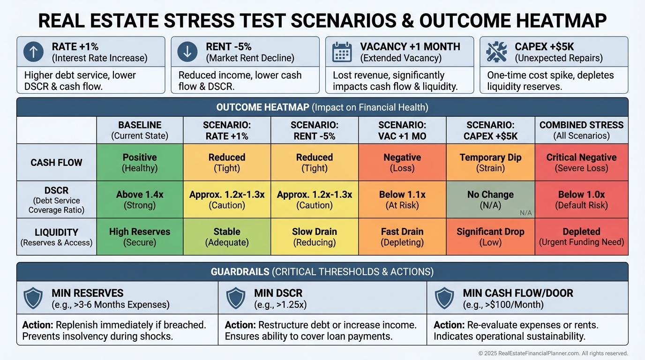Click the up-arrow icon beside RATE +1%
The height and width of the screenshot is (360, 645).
(33, 52)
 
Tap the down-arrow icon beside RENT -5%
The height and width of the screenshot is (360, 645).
(187, 52)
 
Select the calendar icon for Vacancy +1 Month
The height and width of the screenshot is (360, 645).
(342, 52)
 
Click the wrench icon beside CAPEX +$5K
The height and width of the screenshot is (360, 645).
(496, 52)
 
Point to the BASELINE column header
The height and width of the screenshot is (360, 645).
(140, 130)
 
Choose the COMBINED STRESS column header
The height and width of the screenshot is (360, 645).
(581, 130)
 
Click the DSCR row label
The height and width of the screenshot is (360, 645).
(56, 200)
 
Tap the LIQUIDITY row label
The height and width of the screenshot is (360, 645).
(56, 237)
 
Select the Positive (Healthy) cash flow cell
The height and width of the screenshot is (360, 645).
(140, 163)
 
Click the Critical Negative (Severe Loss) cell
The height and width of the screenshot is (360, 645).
(581, 163)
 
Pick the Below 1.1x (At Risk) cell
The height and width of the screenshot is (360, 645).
(402, 200)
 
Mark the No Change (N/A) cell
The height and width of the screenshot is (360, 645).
(490, 200)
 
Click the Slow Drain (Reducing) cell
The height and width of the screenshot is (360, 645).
(315, 237)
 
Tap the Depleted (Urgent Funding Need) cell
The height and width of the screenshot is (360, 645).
(581, 237)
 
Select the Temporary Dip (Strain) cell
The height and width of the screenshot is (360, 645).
(490, 163)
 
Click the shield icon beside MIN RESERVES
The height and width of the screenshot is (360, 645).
(33, 298)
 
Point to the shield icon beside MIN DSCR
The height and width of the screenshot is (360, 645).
(236, 298)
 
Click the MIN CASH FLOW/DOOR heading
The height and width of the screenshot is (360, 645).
(518, 293)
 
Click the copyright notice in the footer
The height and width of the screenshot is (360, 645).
(553, 353)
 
